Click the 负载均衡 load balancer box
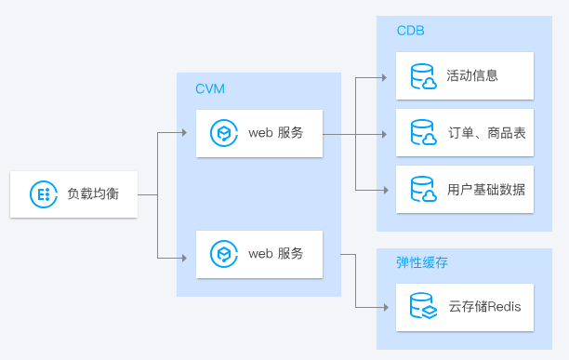[x=73, y=194]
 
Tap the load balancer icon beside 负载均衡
[x=41, y=194]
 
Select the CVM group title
[x=209, y=88]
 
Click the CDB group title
[x=410, y=30]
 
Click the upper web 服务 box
[x=259, y=133]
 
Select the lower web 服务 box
[x=259, y=253]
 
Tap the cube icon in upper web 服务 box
[x=223, y=133]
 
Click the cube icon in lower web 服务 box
[x=223, y=253]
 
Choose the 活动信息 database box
[x=465, y=75]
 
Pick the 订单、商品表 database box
[x=465, y=133]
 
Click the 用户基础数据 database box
[x=465, y=190]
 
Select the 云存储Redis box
[x=465, y=307]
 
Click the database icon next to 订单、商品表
[x=423, y=133]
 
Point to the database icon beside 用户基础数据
[x=423, y=190]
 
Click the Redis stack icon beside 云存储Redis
[x=423, y=307]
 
